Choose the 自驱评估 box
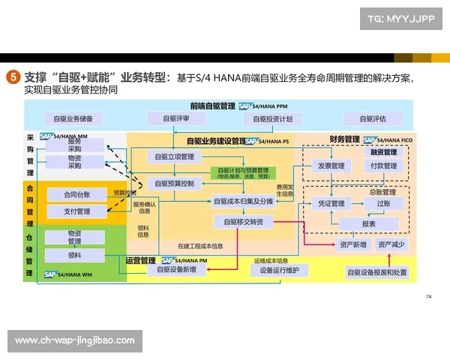click(x=372, y=118)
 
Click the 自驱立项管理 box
click(x=174, y=157)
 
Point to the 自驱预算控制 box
click(x=174, y=183)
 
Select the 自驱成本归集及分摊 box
click(x=244, y=201)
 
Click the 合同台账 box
click(x=77, y=195)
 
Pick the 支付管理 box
click(x=77, y=211)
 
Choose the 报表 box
click(x=368, y=223)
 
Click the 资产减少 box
click(x=391, y=244)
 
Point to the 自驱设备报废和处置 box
click(x=377, y=271)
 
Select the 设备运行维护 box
click(x=280, y=270)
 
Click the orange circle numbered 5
click(x=13, y=77)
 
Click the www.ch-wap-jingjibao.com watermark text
click(x=75, y=340)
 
